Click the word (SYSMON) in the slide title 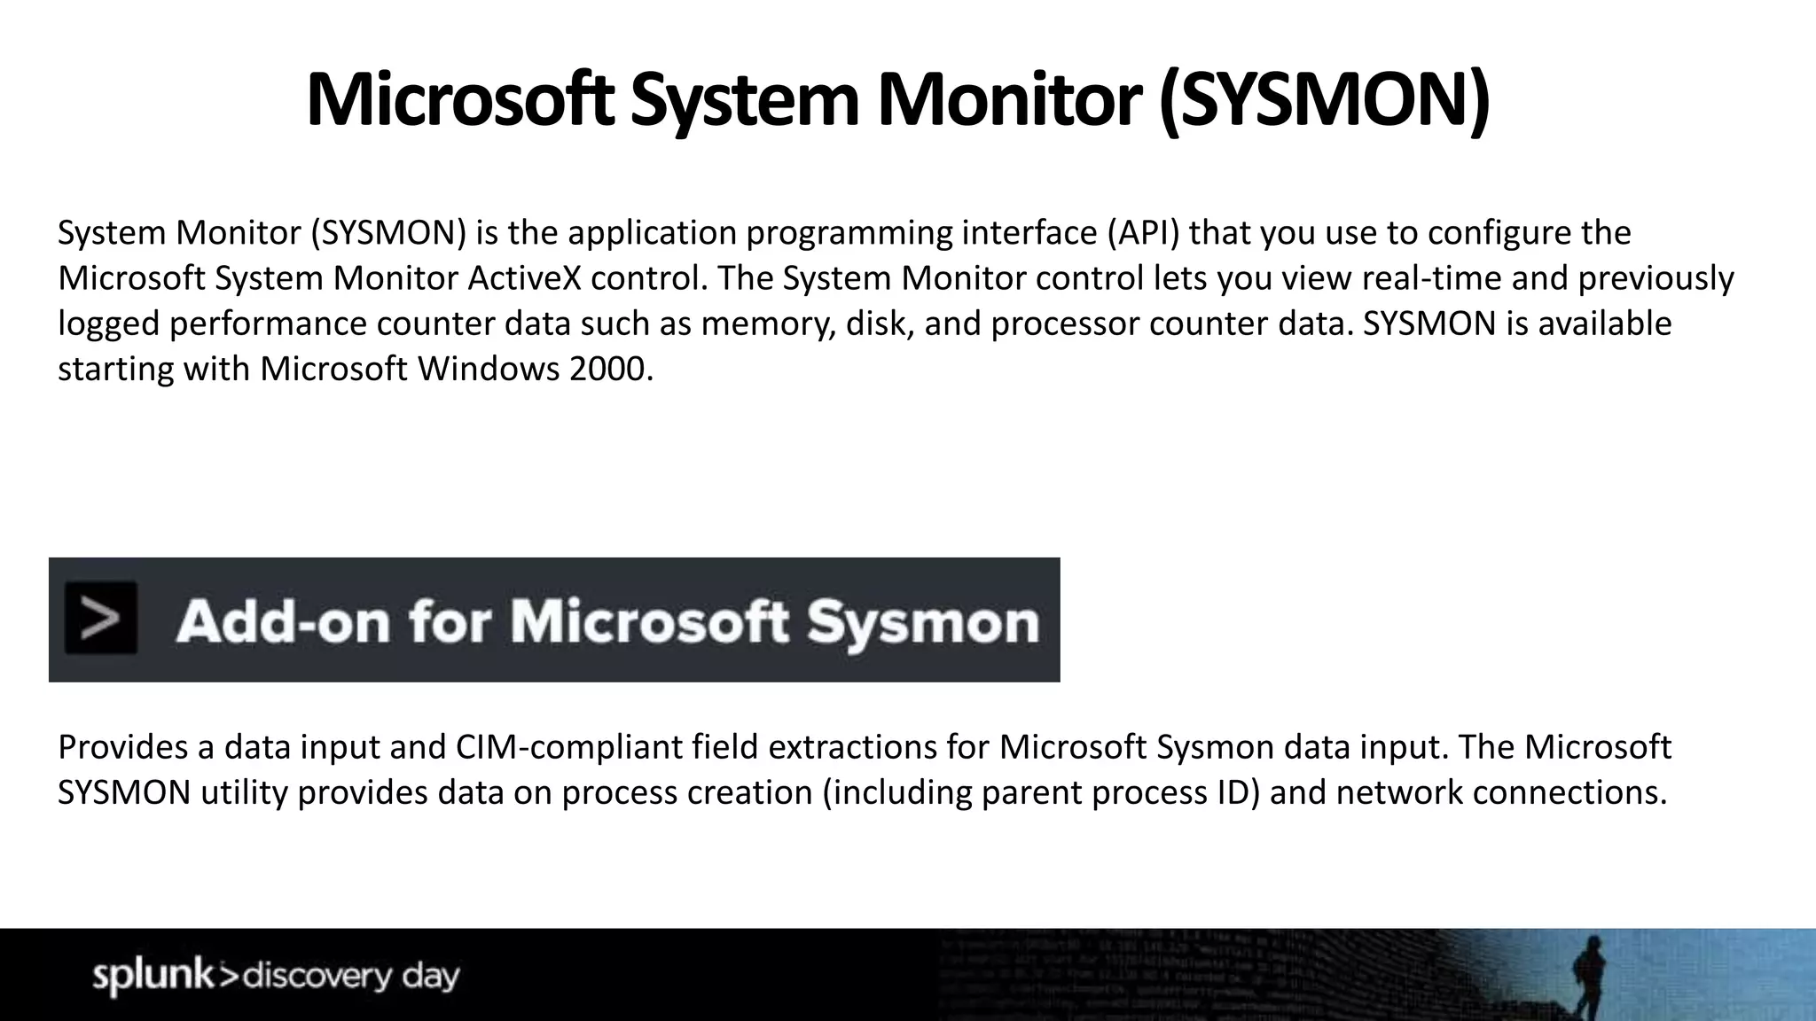pos(1324,101)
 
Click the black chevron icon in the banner pos(101,619)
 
